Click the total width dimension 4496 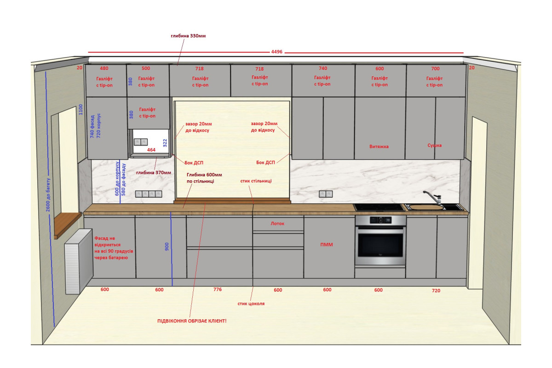277,52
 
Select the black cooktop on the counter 379,207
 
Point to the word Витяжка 379,147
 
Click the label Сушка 434,145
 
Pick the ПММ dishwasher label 327,245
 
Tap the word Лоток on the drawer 277,224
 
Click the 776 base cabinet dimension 218,289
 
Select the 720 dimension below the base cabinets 436,291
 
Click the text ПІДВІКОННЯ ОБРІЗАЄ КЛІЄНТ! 192,321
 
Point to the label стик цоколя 251,304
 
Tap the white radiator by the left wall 79,261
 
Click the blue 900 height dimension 167,247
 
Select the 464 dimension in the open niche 151,150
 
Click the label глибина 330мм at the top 188,36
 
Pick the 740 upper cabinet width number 323,68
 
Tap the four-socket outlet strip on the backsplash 149,194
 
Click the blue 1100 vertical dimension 80,109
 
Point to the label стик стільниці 256,181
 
